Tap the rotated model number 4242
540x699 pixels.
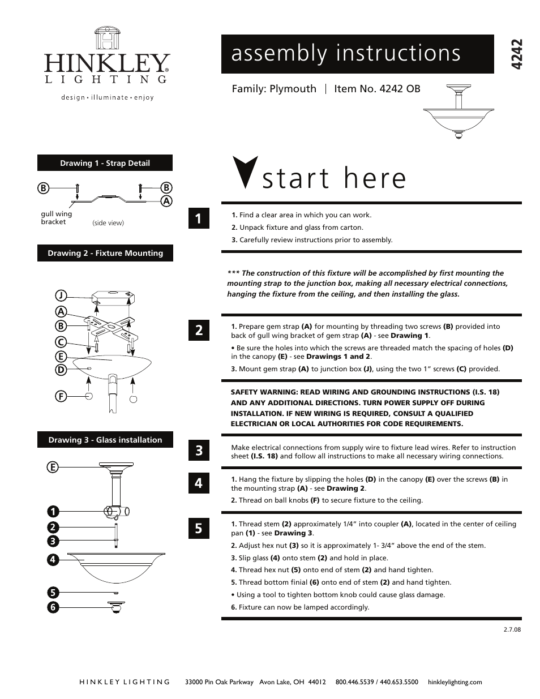(x=515, y=55)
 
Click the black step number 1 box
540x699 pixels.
(x=199, y=218)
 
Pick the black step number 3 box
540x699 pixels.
(x=199, y=451)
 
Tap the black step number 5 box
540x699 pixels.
(x=199, y=528)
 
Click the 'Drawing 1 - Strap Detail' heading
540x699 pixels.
(x=105, y=163)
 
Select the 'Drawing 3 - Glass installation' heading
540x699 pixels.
(x=105, y=440)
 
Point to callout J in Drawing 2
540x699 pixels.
(x=61, y=295)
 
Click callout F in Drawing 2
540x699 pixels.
(x=61, y=396)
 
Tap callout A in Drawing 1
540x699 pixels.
(x=166, y=201)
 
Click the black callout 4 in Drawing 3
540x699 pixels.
(x=53, y=560)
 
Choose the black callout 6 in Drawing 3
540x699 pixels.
(x=53, y=607)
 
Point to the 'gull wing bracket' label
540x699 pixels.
(x=56, y=218)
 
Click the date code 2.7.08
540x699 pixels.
(x=512, y=629)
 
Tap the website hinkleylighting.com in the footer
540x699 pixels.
(x=455, y=682)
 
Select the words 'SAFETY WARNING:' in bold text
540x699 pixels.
(x=259, y=392)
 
